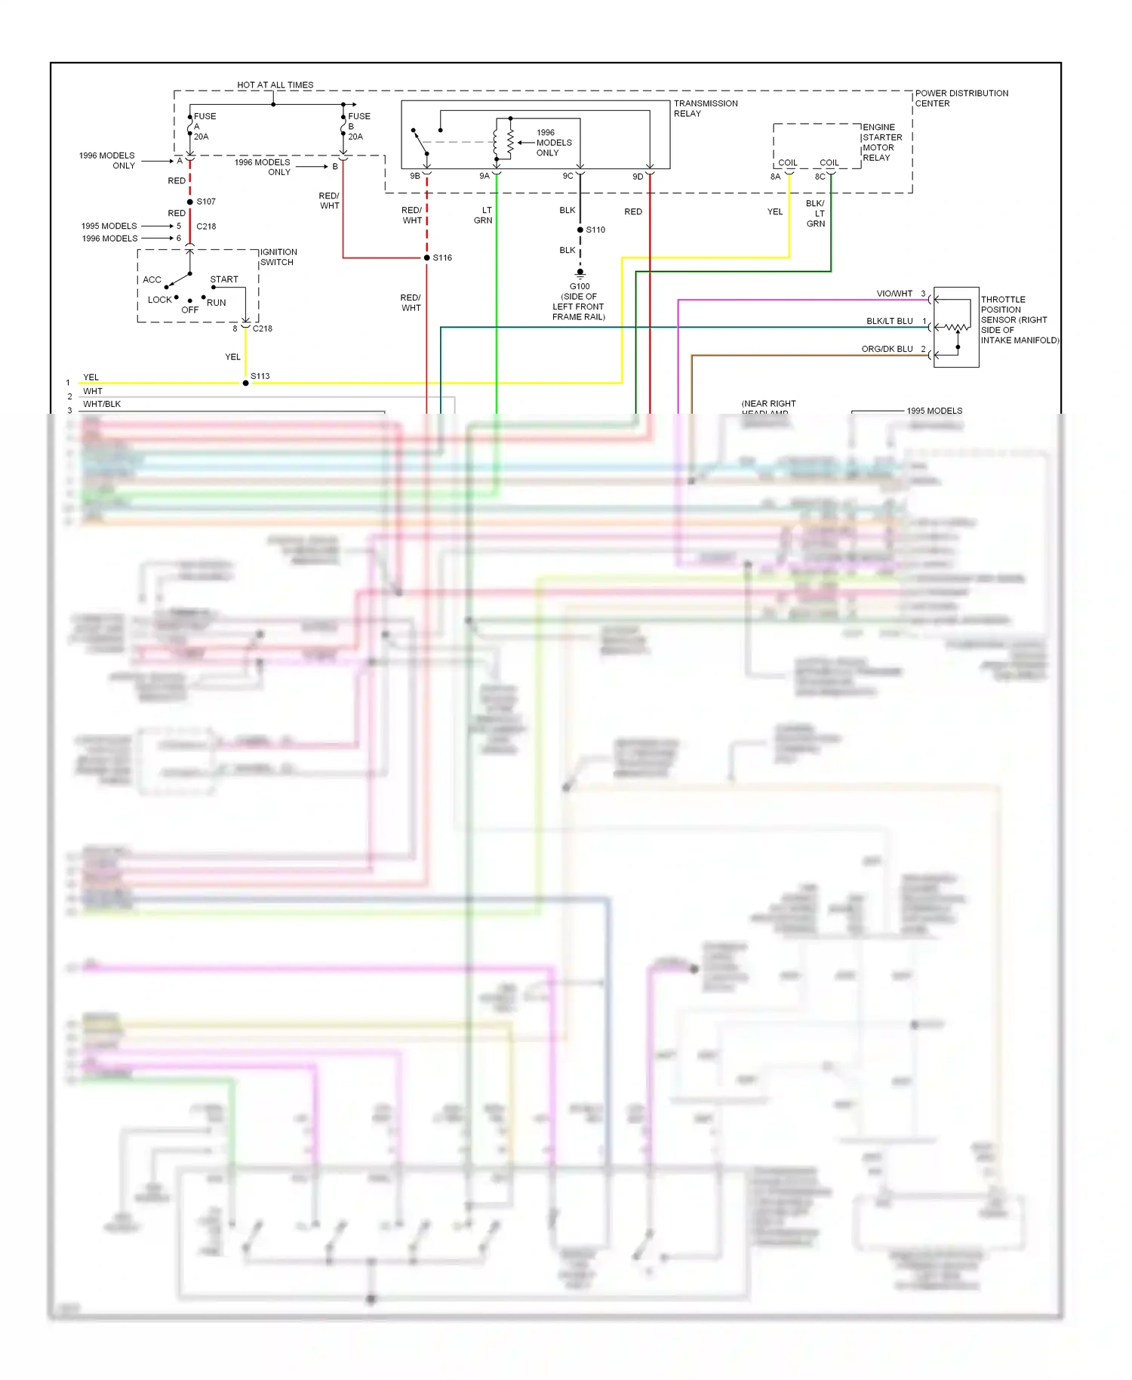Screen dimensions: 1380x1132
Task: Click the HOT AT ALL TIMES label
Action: tap(275, 85)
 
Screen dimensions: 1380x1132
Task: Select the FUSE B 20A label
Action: tap(358, 126)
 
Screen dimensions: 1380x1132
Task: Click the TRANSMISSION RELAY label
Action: tap(705, 108)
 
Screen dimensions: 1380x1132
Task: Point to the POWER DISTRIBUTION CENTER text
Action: tap(961, 98)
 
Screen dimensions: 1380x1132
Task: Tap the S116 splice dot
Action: tap(426, 258)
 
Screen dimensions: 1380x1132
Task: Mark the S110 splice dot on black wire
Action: tap(580, 229)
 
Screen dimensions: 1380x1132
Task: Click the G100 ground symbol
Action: tap(580, 273)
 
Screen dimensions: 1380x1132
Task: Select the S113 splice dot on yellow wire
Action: tap(245, 384)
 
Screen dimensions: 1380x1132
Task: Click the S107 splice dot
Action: tap(190, 202)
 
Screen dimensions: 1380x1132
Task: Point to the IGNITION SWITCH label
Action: tap(278, 257)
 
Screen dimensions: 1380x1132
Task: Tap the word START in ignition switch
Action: tap(223, 279)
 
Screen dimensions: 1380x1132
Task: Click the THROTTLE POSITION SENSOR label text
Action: tap(1018, 319)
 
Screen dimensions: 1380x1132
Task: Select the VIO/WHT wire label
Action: tap(894, 294)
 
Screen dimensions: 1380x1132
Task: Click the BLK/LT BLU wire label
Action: tap(889, 321)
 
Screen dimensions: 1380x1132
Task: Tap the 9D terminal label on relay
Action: tap(638, 177)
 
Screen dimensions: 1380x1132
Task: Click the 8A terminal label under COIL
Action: tap(775, 177)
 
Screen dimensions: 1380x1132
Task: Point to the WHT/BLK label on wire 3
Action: tap(102, 404)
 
